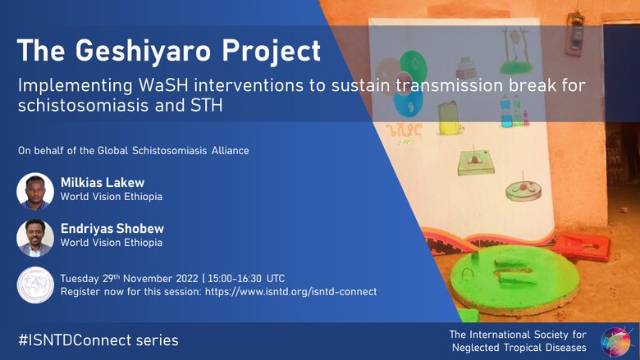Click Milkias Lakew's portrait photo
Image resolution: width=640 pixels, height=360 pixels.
pyautogui.click(x=35, y=191)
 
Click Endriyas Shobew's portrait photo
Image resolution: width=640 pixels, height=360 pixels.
pyautogui.click(x=35, y=238)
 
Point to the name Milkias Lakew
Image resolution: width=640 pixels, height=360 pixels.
pyautogui.click(x=103, y=182)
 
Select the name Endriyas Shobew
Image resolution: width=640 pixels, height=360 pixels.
pyautogui.click(x=112, y=228)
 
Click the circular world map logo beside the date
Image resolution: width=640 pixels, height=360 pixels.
pyautogui.click(x=35, y=285)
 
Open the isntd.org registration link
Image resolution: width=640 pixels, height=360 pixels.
pyautogui.click(x=290, y=291)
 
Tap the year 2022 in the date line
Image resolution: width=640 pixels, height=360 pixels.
pyautogui.click(x=187, y=279)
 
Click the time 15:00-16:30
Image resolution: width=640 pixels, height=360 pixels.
pyautogui.click(x=235, y=279)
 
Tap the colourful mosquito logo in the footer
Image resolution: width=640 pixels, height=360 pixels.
pyautogui.click(x=617, y=341)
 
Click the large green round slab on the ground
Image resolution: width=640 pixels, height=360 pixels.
pyautogui.click(x=515, y=279)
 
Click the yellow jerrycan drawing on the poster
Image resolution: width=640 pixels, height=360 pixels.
pyautogui.click(x=448, y=118)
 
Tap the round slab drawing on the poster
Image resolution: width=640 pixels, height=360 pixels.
pyautogui.click(x=523, y=190)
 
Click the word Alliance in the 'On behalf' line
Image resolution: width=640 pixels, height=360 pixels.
pyautogui.click(x=231, y=150)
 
